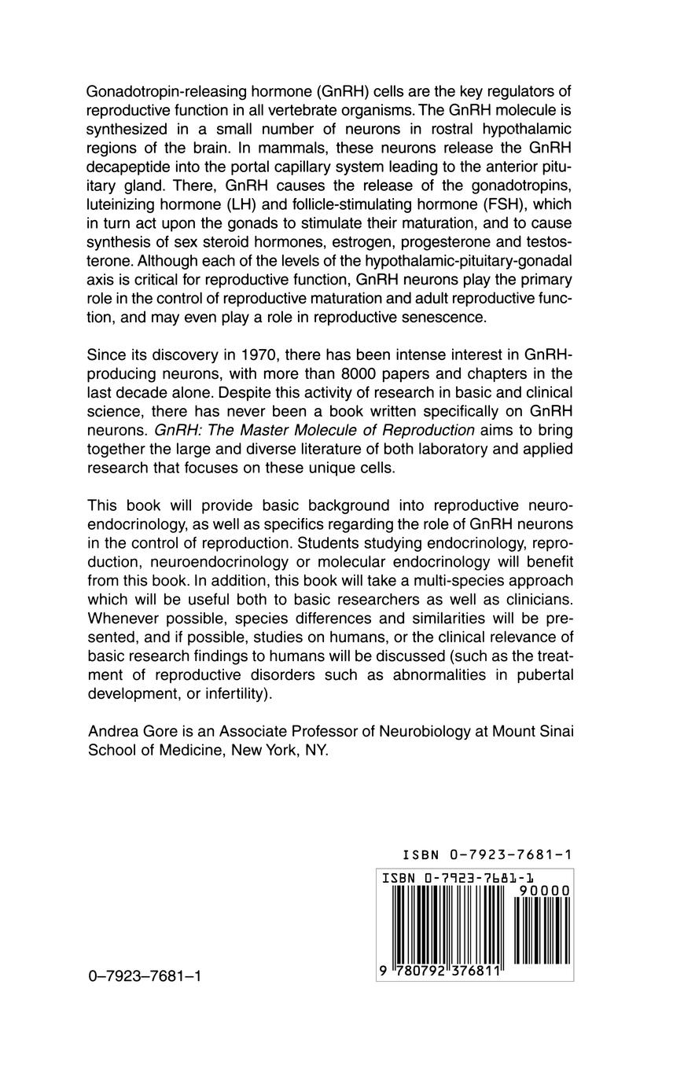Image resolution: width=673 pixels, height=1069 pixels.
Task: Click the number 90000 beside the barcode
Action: [x=543, y=890]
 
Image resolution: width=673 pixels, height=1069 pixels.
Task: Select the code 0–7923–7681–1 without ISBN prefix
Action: [x=145, y=977]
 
